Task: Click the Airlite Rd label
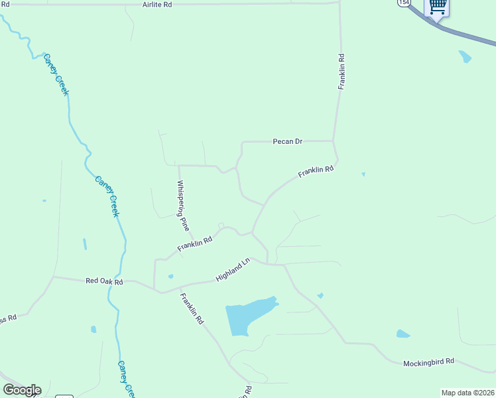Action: (x=157, y=4)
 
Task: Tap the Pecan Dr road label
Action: (x=287, y=141)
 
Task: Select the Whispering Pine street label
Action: (x=183, y=206)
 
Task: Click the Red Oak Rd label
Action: (x=105, y=281)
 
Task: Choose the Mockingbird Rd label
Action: (x=428, y=362)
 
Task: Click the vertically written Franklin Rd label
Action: (x=341, y=72)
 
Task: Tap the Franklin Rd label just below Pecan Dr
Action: (x=315, y=171)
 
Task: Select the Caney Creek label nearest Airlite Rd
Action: (x=56, y=74)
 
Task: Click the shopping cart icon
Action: (x=437, y=7)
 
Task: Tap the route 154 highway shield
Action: (x=404, y=3)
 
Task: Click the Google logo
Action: (x=22, y=390)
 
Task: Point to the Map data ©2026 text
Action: (x=468, y=393)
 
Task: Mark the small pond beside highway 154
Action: (x=465, y=56)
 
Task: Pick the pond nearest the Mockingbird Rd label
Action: (x=403, y=334)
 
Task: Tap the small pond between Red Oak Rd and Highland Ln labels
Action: (x=170, y=276)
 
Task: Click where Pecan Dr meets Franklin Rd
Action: (x=333, y=141)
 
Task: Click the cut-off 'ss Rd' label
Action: (x=8, y=319)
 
